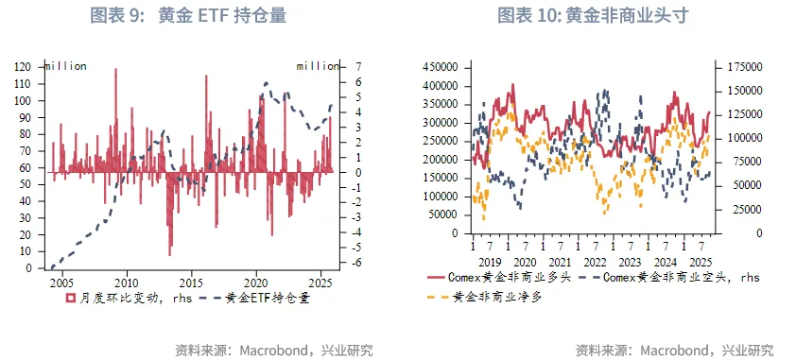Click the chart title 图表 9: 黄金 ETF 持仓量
click(x=188, y=15)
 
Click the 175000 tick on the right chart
click(x=746, y=67)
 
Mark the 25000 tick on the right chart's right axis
click(x=742, y=210)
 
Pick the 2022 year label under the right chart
click(x=595, y=262)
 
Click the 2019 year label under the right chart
click(x=490, y=262)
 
